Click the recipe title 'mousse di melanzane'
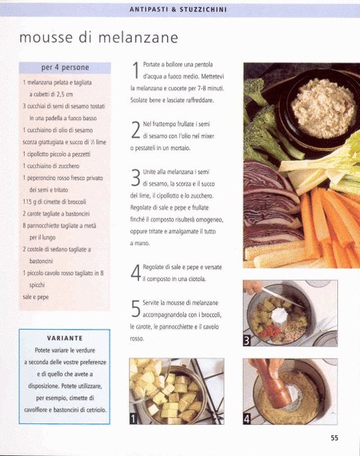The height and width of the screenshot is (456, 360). [99, 37]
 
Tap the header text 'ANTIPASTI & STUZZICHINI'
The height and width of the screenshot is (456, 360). [178, 9]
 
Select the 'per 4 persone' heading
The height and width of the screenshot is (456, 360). [65, 67]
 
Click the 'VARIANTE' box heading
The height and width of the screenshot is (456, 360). [65, 338]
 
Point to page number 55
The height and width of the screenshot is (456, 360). [335, 438]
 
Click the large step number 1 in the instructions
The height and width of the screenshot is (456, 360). [136, 70]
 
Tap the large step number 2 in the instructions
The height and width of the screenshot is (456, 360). [136, 130]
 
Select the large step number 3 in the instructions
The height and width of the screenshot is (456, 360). [136, 178]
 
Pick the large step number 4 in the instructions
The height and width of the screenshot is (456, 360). [136, 273]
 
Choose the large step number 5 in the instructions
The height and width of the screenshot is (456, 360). [136, 308]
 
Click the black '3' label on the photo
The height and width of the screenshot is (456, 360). [247, 341]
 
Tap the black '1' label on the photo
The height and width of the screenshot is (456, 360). [133, 419]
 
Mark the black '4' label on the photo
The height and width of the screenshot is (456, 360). [247, 419]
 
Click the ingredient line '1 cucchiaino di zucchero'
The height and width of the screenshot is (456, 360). [51, 166]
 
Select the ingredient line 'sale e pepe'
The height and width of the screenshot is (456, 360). [35, 297]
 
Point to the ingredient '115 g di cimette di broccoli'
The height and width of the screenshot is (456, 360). [54, 202]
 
